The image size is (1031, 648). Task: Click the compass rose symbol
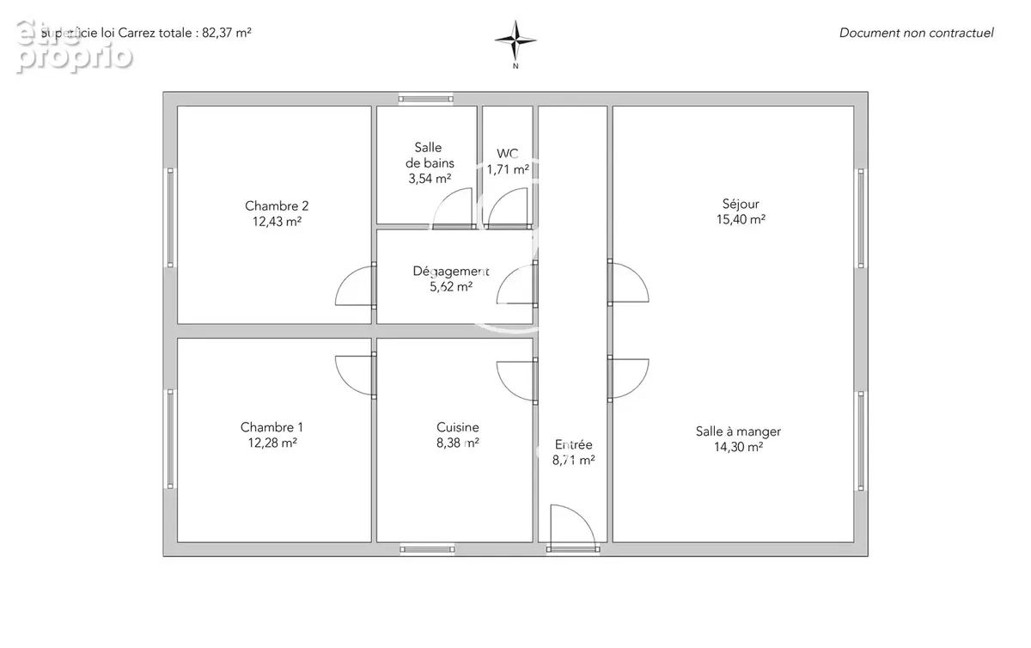click(515, 40)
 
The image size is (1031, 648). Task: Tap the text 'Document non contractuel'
click(916, 33)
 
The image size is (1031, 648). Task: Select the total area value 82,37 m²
click(227, 33)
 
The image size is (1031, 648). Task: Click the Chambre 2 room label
click(277, 206)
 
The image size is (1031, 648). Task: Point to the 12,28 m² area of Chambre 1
click(272, 443)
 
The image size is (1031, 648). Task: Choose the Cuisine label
click(457, 427)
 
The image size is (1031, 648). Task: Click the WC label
click(507, 153)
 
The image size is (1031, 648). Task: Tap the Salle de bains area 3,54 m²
click(430, 178)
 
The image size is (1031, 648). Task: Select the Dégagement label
click(450, 272)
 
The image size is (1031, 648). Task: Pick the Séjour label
click(741, 204)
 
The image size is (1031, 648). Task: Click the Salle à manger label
click(738, 431)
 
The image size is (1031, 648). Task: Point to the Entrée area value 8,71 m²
click(574, 460)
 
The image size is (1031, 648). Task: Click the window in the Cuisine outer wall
click(428, 549)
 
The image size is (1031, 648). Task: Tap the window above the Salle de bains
click(426, 99)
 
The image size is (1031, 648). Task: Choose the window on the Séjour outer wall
click(861, 218)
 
